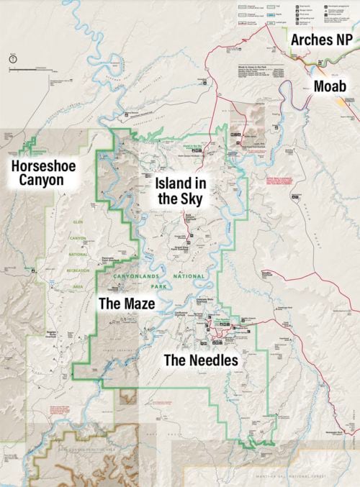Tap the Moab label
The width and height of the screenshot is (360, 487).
(x=334, y=87)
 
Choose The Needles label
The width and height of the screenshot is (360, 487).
(x=200, y=360)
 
